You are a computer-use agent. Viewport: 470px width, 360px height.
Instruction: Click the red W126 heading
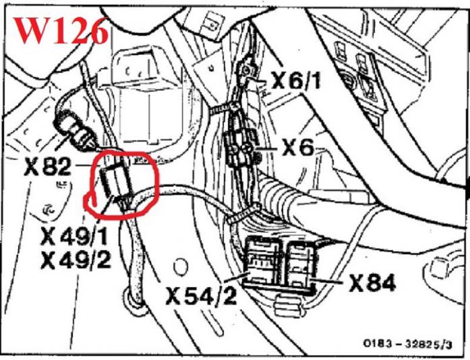tap(61, 30)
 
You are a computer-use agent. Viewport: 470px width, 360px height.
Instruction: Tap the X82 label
tap(47, 167)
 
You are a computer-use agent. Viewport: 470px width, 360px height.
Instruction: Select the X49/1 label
tap(74, 237)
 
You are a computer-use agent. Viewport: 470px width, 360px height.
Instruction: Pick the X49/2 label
tap(76, 260)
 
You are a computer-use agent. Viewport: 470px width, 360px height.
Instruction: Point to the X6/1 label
tap(296, 80)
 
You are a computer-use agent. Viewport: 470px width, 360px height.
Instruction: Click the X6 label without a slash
tap(298, 148)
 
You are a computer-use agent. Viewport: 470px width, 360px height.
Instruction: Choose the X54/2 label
tap(201, 295)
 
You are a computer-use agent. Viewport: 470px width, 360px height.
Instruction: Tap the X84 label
tap(372, 283)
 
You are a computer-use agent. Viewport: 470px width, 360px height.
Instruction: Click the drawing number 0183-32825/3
tap(407, 344)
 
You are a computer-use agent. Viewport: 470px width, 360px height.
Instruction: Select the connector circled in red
tap(115, 181)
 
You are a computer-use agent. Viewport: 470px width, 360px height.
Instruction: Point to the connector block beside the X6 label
tap(242, 148)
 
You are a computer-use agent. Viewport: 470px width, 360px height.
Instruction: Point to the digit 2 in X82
tap(63, 167)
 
